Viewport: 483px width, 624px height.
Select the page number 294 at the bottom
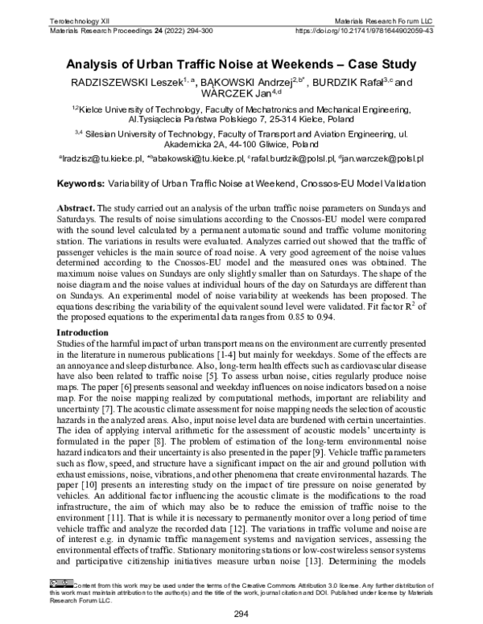coord(241,614)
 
